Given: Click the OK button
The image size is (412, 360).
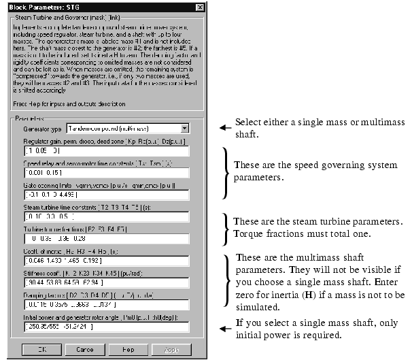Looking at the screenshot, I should point(41,348).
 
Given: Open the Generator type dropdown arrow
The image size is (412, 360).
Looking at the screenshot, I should point(184,128).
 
